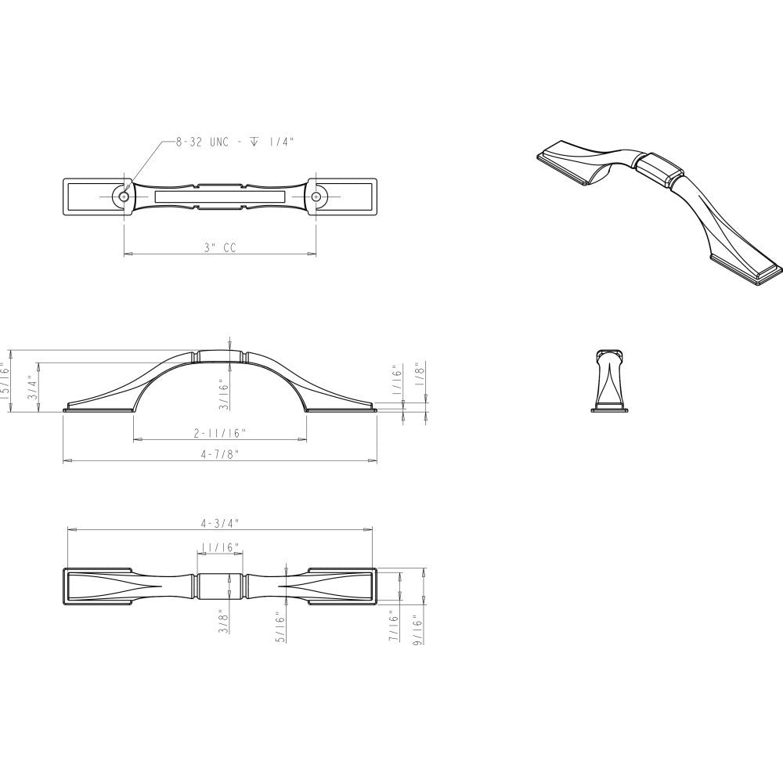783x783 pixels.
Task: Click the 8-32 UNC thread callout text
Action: coord(234,143)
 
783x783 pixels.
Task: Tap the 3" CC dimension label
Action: coord(220,247)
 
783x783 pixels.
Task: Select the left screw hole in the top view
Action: coord(124,197)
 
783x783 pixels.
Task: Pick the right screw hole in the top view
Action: coord(316,197)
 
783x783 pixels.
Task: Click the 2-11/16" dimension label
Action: coord(220,433)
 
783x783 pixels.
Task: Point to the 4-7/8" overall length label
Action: coord(220,454)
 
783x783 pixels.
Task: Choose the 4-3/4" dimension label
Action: coord(220,523)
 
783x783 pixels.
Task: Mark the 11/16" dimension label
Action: coord(220,547)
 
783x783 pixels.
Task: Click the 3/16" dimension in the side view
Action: coord(224,395)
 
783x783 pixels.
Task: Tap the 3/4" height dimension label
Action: coord(32,388)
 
